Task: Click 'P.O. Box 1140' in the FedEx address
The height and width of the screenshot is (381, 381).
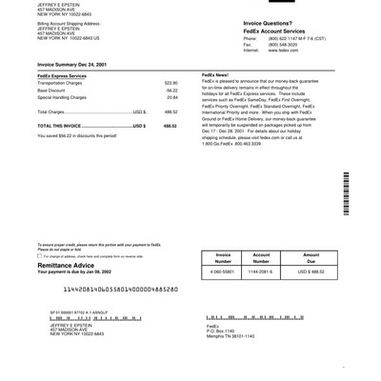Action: pyautogui.click(x=220, y=331)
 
